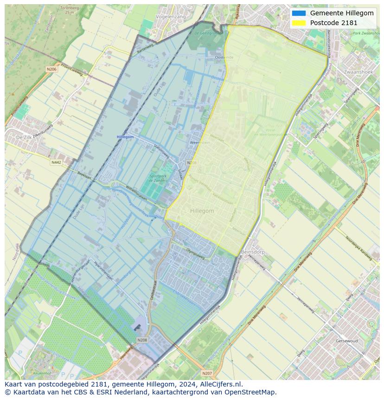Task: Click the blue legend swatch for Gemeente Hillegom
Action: point(299,13)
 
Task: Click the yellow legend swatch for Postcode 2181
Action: point(299,22)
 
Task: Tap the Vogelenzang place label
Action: point(171,17)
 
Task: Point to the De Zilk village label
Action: point(25,138)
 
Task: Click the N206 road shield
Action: point(51,69)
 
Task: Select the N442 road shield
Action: point(56,162)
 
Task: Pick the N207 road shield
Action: point(207,373)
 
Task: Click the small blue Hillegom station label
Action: point(125,137)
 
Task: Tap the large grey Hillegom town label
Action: point(202,211)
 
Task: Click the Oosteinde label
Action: point(224,57)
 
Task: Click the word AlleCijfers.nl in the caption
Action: point(219,384)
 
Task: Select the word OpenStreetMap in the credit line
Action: point(253,392)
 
